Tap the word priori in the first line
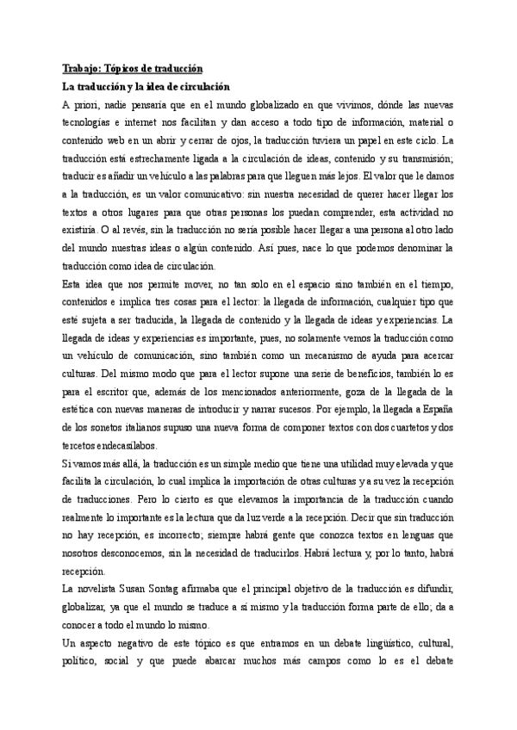[x=87, y=105]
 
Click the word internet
[x=143, y=123]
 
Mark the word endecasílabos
[x=134, y=439]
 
